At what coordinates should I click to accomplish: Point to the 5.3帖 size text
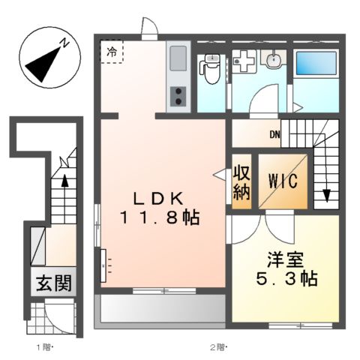tap(286, 280)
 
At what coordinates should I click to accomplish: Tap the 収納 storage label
tap(241, 181)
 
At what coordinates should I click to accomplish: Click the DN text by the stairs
tap(275, 135)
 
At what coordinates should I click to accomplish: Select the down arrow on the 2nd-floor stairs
tap(326, 196)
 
